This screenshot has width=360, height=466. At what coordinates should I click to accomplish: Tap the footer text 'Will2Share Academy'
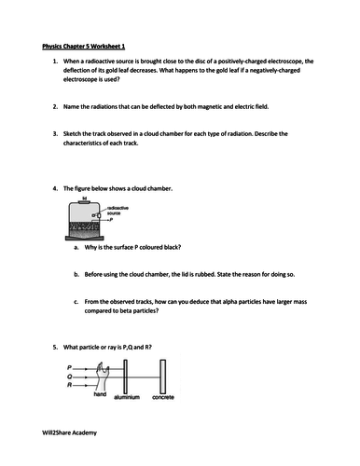[x=70, y=432]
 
